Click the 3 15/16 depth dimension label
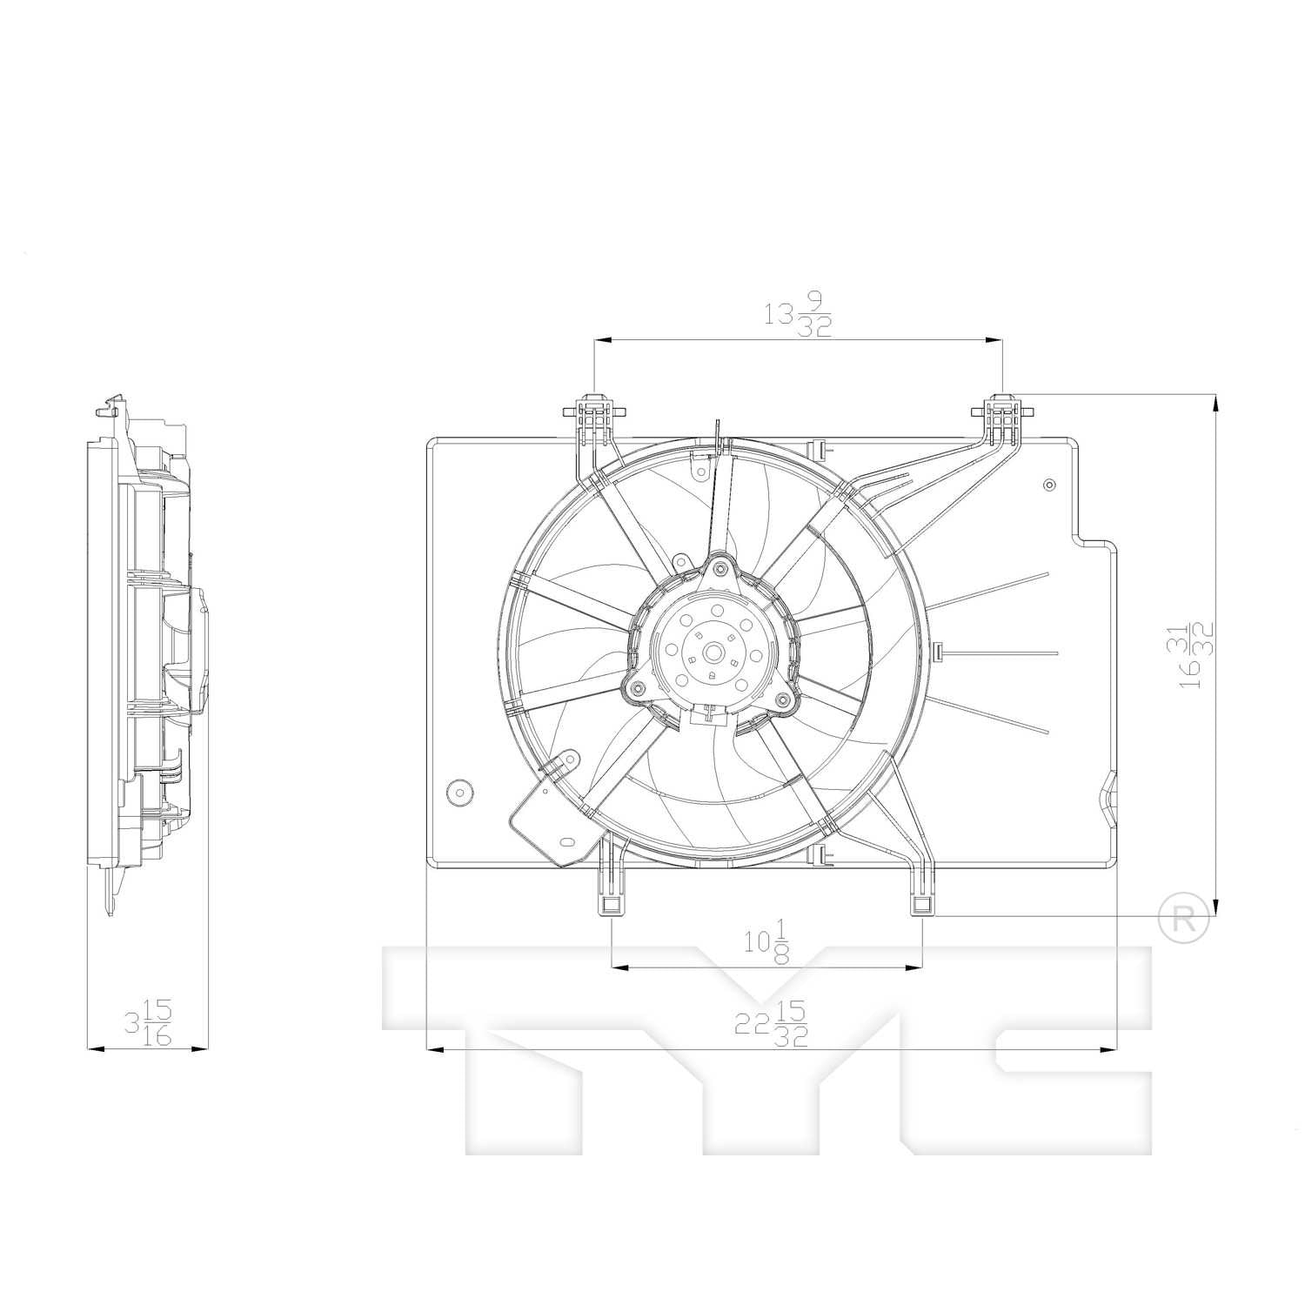tap(149, 1023)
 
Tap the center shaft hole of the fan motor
tap(713, 651)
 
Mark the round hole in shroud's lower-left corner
tap(458, 792)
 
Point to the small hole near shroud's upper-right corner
tap(1048, 485)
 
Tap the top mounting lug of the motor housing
tap(718, 570)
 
